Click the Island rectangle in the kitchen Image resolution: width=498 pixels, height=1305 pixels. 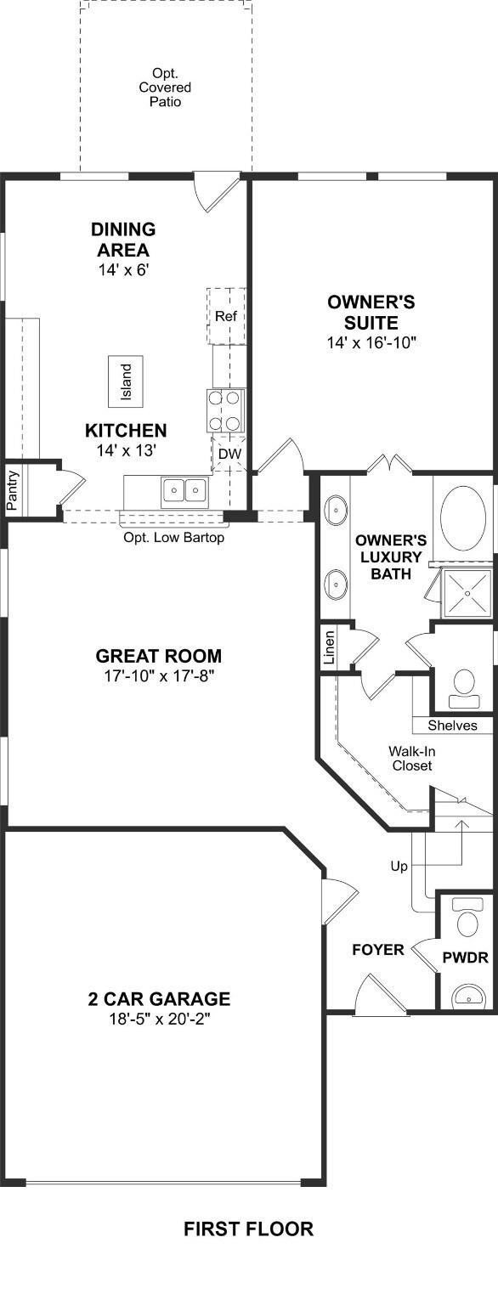(126, 381)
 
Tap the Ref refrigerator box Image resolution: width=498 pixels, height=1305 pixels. (225, 316)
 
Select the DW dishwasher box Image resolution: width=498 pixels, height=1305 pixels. (229, 454)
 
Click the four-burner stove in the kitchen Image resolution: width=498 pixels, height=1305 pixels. (226, 410)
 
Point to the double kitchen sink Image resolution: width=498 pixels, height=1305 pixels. (185, 490)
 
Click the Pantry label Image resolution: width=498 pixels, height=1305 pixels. (13, 489)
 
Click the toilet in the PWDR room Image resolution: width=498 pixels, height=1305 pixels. (464, 922)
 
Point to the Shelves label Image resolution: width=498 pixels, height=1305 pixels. (452, 725)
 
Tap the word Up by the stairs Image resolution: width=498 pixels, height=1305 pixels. (398, 867)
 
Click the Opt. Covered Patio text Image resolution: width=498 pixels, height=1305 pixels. (167, 88)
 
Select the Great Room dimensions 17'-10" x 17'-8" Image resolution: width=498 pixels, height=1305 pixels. (159, 676)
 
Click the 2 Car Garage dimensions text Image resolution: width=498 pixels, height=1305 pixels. (159, 1019)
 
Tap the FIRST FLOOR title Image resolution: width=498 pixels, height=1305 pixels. (248, 1229)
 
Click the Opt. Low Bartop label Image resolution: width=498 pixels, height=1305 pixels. (174, 538)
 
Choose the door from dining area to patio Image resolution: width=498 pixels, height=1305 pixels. (215, 191)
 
